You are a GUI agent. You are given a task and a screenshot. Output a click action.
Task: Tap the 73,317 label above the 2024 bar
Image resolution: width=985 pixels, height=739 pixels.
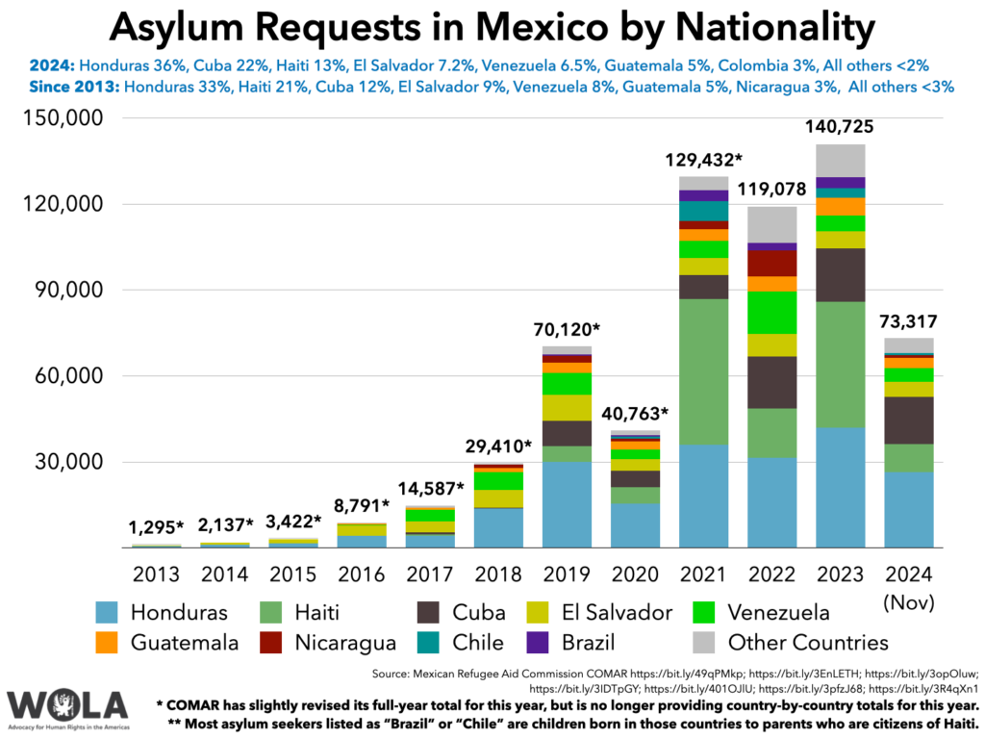[x=909, y=322]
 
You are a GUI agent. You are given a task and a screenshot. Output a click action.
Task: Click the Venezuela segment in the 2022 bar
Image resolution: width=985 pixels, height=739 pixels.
[x=772, y=313]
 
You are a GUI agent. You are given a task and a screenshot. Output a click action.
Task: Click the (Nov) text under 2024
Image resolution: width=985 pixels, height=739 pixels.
[x=909, y=603]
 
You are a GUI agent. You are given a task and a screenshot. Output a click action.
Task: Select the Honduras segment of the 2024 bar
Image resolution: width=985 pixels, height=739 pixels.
[x=909, y=509]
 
